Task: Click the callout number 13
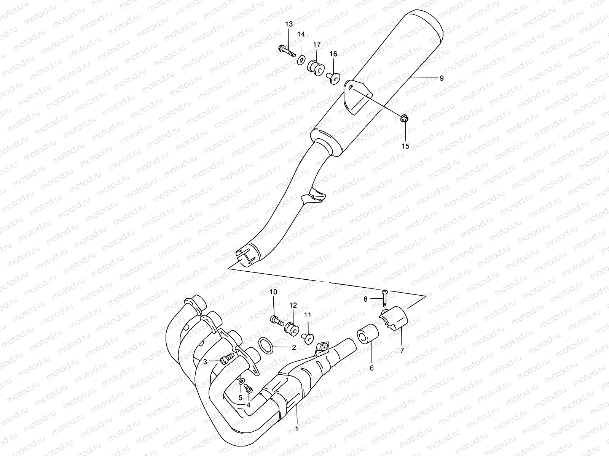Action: click(289, 24)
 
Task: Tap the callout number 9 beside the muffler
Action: click(441, 78)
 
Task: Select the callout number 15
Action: click(405, 146)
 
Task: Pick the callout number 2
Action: click(294, 347)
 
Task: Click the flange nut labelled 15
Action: click(405, 120)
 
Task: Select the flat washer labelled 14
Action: click(301, 59)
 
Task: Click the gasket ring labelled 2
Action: click(266, 344)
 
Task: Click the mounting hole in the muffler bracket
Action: click(351, 88)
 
